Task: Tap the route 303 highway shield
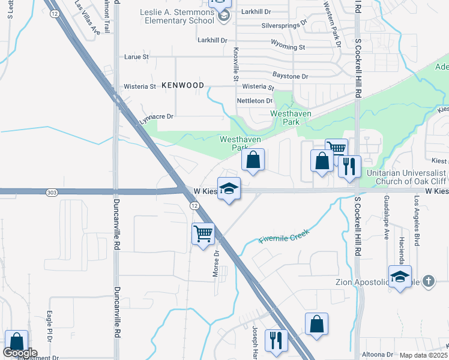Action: [x=52, y=192]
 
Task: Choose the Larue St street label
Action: [x=136, y=57]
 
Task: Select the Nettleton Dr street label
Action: [x=255, y=101]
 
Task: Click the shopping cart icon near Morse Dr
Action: [x=203, y=233]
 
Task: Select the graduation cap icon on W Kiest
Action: [x=229, y=189]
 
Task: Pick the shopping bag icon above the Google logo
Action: [x=16, y=341]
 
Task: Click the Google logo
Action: [x=20, y=353]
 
